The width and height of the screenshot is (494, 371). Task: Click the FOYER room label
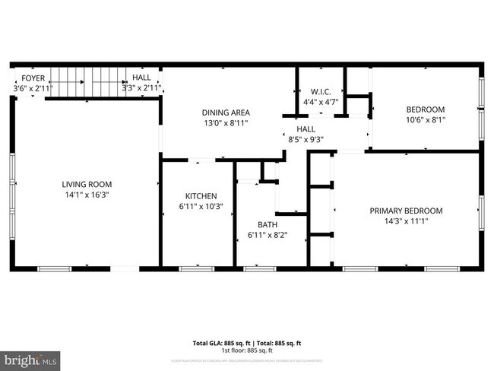(x=32, y=78)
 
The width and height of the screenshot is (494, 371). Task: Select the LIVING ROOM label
(x=87, y=184)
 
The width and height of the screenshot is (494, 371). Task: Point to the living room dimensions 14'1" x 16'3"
(x=87, y=195)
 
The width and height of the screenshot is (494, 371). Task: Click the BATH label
(x=267, y=224)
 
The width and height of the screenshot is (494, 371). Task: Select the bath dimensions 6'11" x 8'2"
(x=267, y=235)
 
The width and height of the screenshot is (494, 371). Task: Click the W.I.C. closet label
(x=320, y=92)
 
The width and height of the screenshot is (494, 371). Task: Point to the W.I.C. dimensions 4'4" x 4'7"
(x=320, y=102)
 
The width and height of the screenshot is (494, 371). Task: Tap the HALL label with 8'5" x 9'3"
(x=306, y=129)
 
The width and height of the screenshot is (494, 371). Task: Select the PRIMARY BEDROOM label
(x=406, y=211)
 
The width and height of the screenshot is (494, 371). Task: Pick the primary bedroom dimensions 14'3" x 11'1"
(x=406, y=222)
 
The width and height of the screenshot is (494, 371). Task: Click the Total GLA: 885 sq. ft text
(x=218, y=342)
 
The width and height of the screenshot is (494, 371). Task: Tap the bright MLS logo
(x=30, y=357)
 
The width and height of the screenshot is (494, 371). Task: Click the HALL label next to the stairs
(x=141, y=78)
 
